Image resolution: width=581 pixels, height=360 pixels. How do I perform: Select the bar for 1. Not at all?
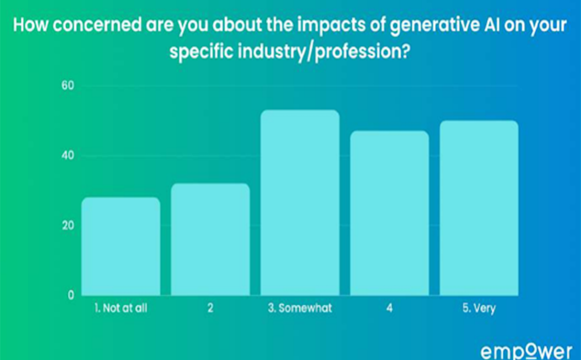tap(121, 246)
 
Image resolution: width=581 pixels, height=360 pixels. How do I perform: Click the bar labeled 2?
tap(210, 239)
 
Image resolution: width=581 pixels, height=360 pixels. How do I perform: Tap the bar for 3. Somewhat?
tap(300, 203)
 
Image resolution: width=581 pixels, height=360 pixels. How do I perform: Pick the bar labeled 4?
tap(389, 213)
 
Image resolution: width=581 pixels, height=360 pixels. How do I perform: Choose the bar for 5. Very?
tap(479, 208)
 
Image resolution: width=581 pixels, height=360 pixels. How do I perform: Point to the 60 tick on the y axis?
tap(68, 85)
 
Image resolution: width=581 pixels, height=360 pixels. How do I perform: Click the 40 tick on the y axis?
tap(68, 155)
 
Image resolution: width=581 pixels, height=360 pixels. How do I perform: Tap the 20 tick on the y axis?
tap(68, 225)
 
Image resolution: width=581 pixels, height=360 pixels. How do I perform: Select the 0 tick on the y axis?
tap(71, 295)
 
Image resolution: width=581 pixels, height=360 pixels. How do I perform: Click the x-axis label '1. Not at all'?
tap(121, 308)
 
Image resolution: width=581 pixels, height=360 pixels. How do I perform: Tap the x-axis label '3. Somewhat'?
tap(300, 308)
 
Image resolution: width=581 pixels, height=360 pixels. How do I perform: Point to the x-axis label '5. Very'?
tap(479, 308)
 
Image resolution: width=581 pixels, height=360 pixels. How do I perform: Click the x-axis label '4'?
tap(389, 308)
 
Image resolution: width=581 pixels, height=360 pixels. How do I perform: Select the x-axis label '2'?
tap(210, 308)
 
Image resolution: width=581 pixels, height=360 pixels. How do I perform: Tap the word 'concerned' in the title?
tap(97, 25)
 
